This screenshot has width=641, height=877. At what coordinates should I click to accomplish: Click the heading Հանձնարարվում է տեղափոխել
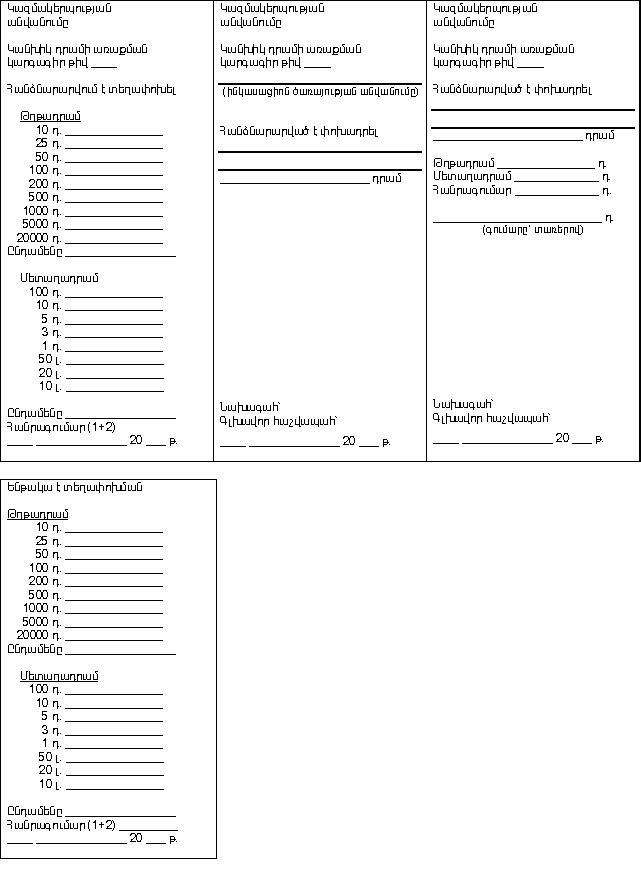click(91, 89)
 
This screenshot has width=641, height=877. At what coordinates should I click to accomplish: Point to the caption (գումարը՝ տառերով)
click(532, 229)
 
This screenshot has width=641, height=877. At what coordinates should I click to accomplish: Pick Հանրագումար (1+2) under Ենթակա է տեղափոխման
click(60, 824)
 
